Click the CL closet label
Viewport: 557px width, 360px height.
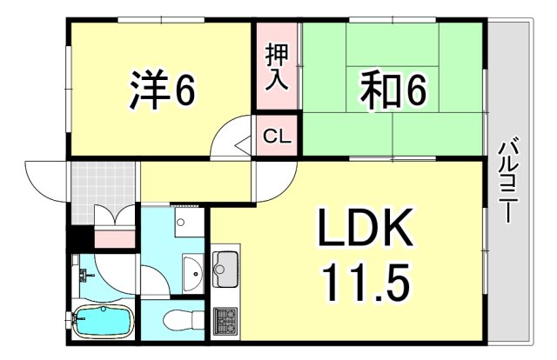[x=278, y=137]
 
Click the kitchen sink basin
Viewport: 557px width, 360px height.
[x=225, y=270]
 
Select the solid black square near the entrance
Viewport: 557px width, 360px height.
[x=79, y=234]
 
